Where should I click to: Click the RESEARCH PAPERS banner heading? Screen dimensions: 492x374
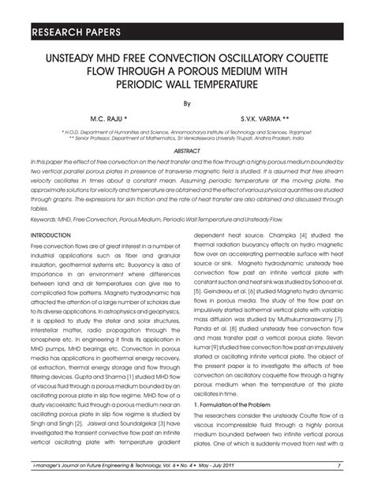76,33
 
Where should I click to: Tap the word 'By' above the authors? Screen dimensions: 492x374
187,103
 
